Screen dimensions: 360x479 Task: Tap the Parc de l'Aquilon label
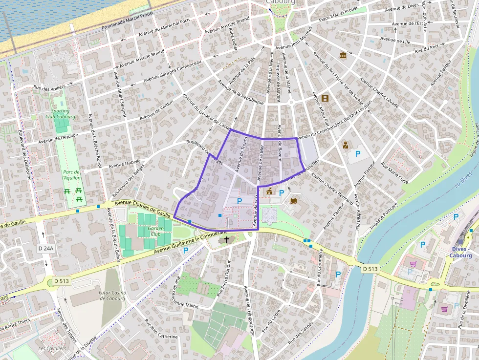[x=71, y=175]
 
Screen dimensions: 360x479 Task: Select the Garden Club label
[x=156, y=231]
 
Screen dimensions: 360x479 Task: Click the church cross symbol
[x=227, y=240]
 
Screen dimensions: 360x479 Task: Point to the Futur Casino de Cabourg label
[x=112, y=296]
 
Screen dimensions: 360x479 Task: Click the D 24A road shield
[x=45, y=248]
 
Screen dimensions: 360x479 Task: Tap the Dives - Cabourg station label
[x=461, y=252]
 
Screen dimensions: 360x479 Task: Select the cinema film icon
[x=325, y=98]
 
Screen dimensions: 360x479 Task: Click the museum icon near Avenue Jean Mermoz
[x=343, y=56]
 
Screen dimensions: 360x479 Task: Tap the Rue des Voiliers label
[x=49, y=87]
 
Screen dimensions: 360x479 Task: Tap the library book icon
[x=293, y=201]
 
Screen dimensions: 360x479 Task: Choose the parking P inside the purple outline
[x=239, y=201]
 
